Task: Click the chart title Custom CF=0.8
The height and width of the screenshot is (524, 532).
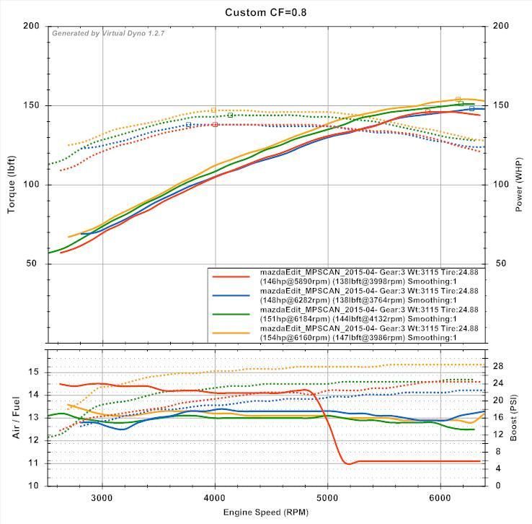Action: click(266, 12)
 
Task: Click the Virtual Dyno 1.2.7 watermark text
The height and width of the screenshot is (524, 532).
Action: click(108, 33)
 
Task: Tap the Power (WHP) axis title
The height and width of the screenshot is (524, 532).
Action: click(520, 184)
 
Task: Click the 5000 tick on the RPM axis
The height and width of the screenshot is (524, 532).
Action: click(328, 497)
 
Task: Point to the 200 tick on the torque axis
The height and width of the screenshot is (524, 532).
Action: click(31, 26)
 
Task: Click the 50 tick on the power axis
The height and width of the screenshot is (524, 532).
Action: click(500, 263)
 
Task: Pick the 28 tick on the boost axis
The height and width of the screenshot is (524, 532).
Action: click(498, 366)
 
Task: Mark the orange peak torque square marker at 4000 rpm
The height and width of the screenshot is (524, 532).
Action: click(214, 110)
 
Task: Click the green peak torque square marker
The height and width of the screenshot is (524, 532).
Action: click(231, 115)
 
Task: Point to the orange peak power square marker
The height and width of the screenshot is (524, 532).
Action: click(458, 99)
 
